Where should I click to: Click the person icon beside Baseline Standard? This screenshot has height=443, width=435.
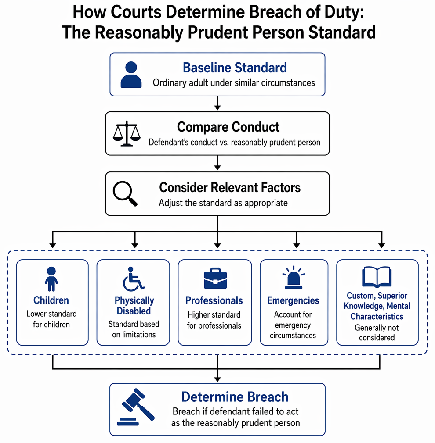(x=131, y=75)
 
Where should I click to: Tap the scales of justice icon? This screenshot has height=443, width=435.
(x=127, y=134)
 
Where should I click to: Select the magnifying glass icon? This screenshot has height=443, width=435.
(x=125, y=193)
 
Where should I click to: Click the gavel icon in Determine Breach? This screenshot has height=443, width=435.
(x=136, y=407)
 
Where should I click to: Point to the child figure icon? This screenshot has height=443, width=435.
(x=51, y=279)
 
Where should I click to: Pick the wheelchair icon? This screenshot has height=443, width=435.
(x=133, y=279)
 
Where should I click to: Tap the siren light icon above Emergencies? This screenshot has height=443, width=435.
(x=294, y=277)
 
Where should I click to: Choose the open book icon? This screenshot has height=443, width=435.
(x=377, y=277)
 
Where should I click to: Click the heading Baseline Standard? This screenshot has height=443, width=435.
(x=235, y=68)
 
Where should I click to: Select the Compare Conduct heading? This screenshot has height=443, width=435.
(x=228, y=127)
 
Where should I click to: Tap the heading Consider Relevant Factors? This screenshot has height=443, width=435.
(x=230, y=187)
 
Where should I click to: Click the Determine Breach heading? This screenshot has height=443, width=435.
(x=235, y=397)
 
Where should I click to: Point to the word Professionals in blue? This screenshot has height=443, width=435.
(x=214, y=300)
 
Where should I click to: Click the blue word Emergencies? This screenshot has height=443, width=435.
(x=293, y=300)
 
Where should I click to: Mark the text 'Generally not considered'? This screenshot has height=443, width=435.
(x=377, y=332)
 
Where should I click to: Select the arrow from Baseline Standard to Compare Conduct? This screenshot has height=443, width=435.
(x=217, y=103)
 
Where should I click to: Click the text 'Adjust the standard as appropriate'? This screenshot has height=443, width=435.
(x=223, y=203)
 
